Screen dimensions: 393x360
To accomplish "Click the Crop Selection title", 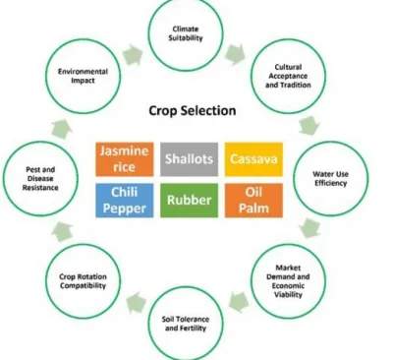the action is (193, 111).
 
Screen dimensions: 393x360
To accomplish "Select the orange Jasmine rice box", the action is (125, 159).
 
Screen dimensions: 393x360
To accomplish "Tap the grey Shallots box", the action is (189, 159).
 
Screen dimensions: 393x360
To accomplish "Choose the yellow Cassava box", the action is (253, 159).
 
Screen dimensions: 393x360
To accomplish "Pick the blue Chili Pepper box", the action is (125, 201).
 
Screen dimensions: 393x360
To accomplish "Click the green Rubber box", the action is (189, 201).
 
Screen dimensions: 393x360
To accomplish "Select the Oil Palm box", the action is (253, 201).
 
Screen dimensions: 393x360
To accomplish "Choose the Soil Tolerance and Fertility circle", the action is (186, 287).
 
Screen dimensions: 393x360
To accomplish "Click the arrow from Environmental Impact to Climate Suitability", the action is (133, 55).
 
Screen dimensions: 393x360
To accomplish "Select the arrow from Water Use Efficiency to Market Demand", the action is (309, 228).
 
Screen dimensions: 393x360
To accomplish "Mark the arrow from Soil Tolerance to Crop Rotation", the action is (137, 302).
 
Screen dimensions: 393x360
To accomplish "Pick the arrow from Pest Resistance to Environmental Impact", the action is (62, 129).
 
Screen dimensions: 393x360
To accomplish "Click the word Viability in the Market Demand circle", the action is (288, 294).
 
